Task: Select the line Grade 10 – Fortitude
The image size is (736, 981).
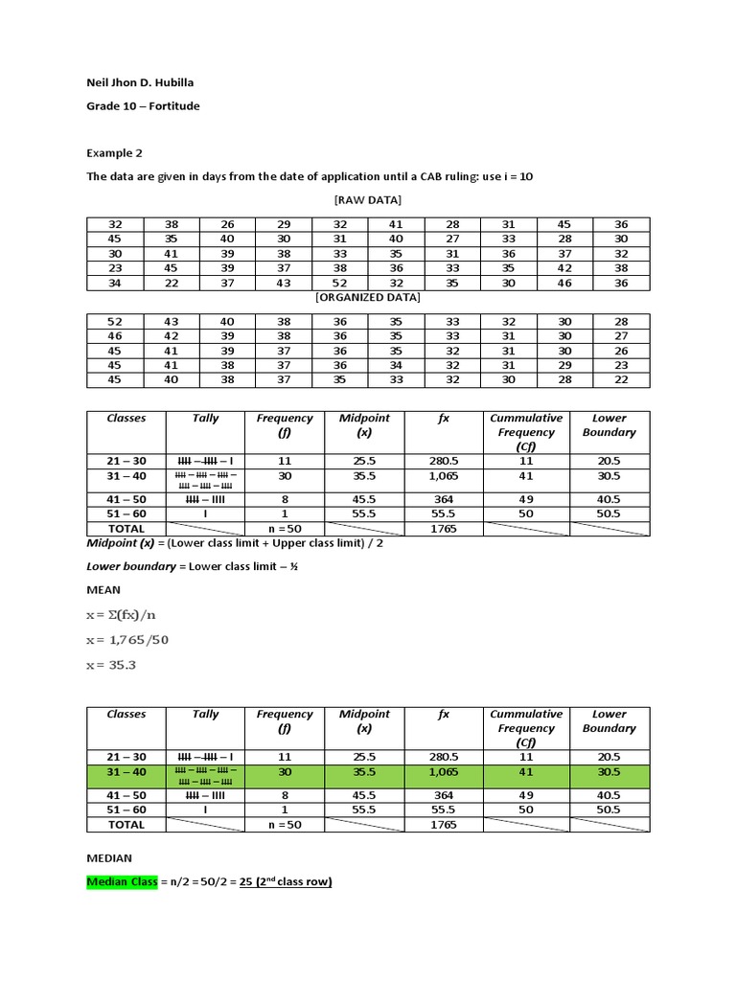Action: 143,106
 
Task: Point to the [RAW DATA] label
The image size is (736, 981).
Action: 367,200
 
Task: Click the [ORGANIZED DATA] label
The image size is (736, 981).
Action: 367,297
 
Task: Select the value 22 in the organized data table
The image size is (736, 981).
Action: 621,380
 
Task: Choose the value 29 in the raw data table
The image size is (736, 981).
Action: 284,224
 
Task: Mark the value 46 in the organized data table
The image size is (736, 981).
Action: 114,336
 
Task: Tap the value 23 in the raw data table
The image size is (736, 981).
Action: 114,268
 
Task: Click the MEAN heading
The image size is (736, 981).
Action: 103,590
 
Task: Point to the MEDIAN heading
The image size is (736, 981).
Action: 109,858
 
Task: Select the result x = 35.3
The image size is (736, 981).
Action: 111,665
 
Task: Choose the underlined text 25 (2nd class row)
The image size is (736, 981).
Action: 285,882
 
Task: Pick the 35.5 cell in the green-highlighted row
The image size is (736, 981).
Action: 364,772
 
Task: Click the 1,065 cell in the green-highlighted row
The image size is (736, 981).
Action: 444,772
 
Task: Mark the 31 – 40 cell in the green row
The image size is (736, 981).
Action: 126,772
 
